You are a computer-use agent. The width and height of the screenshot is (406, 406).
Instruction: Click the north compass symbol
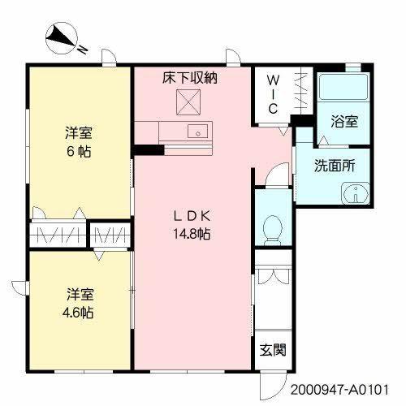(x=62, y=38)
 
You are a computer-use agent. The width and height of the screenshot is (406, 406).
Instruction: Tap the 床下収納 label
(x=190, y=78)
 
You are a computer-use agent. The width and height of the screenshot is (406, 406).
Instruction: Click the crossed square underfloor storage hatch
(x=188, y=102)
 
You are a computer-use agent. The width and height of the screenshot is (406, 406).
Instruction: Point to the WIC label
(x=273, y=94)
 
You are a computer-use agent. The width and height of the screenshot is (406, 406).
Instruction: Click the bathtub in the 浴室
(x=343, y=87)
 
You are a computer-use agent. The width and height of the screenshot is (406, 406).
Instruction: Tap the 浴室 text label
(x=344, y=122)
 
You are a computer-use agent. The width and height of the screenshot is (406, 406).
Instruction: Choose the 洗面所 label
(x=335, y=166)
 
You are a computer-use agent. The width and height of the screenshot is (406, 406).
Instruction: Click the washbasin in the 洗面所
(x=356, y=193)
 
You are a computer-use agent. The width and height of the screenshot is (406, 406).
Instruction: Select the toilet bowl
(x=273, y=230)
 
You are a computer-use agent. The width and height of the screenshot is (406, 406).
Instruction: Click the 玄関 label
(x=273, y=350)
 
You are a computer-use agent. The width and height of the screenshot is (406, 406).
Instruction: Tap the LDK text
(x=192, y=216)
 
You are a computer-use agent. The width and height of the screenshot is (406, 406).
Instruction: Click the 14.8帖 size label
(x=192, y=234)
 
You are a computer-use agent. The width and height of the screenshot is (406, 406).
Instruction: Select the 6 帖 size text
(x=79, y=151)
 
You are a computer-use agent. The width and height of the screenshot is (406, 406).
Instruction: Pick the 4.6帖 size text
(x=78, y=313)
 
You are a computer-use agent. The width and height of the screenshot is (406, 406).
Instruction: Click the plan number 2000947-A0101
(x=340, y=391)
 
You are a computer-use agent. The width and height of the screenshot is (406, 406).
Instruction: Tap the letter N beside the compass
(x=83, y=50)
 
